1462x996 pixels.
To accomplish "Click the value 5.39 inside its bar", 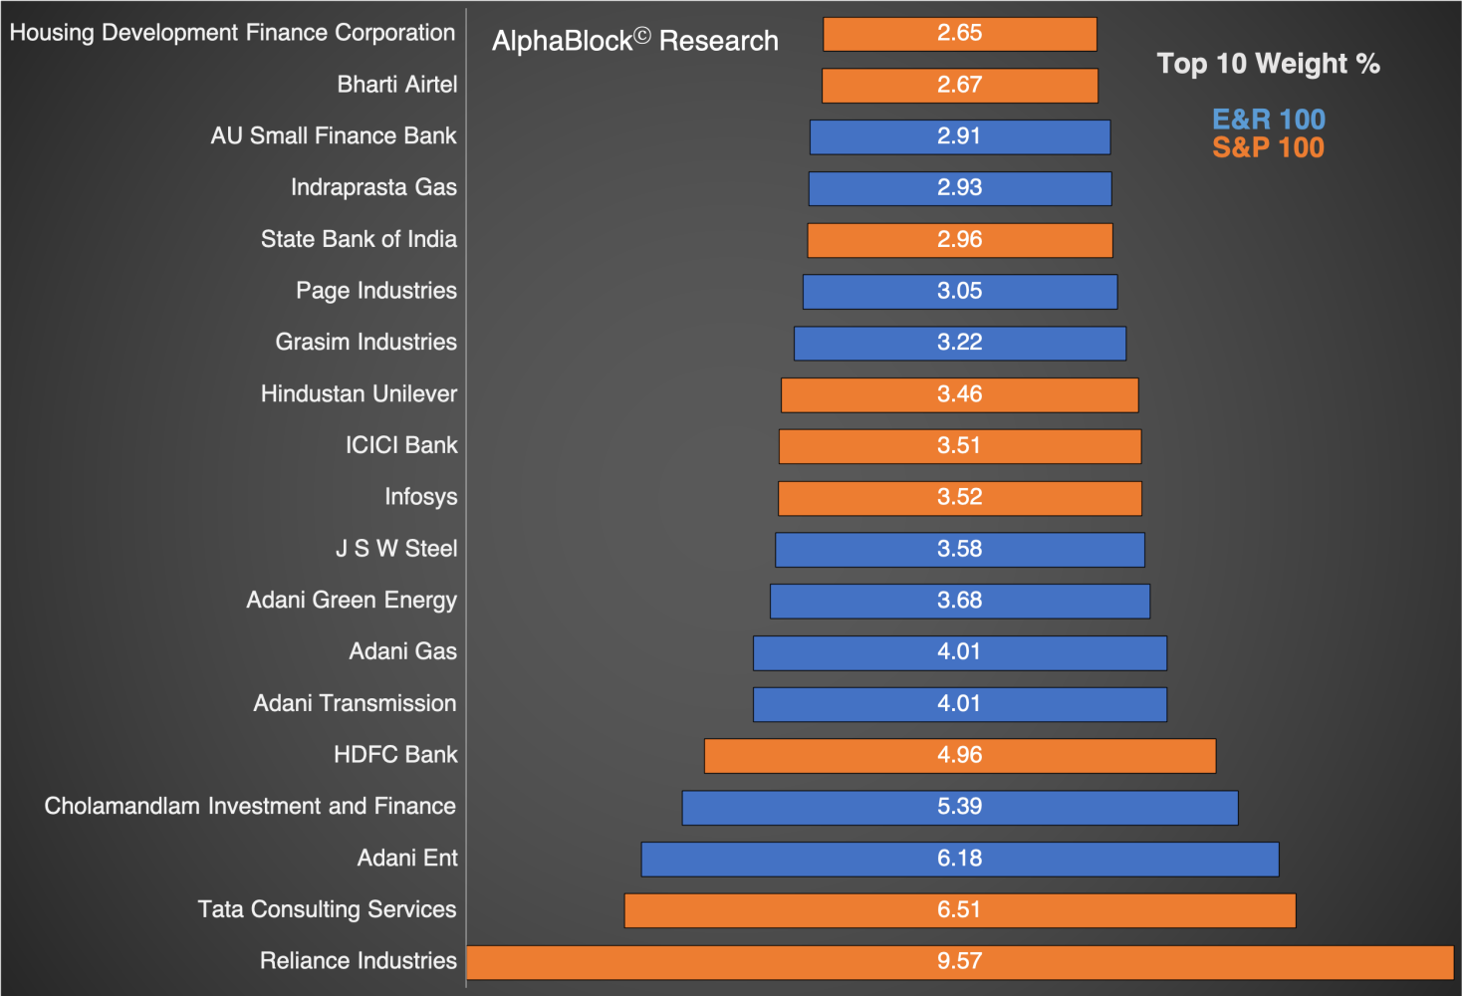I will (x=959, y=807).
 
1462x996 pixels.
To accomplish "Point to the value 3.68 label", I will (x=959, y=601).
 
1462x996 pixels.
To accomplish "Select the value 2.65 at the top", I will (x=959, y=33).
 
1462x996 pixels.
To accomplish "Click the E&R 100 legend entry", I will (x=1268, y=120).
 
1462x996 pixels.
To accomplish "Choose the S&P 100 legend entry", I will (x=1268, y=147).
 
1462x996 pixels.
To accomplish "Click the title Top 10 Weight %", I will (x=1268, y=64).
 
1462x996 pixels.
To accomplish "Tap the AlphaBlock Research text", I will (x=635, y=41).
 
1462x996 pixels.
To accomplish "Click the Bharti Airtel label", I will (x=396, y=85).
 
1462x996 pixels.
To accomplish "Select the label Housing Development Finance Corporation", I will (x=232, y=33).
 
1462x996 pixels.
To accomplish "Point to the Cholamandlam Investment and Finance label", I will (x=250, y=806).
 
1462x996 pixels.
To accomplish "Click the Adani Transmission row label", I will (x=355, y=703).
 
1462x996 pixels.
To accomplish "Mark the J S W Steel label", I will (x=396, y=549).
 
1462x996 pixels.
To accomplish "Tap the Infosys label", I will (x=421, y=497).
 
